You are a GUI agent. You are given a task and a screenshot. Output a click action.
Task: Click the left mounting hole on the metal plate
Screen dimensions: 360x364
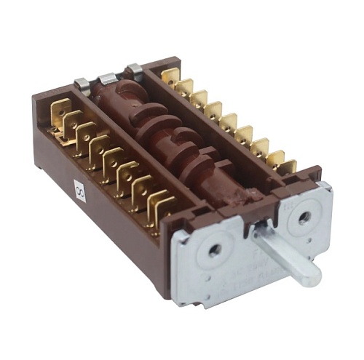214,249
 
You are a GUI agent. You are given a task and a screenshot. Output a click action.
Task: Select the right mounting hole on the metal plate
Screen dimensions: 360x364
304,217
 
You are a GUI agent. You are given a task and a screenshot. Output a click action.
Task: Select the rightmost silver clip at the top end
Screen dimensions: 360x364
134,70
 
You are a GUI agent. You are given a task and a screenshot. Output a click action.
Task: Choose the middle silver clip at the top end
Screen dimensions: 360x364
108,76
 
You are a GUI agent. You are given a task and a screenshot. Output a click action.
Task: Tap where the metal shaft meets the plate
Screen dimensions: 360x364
261,241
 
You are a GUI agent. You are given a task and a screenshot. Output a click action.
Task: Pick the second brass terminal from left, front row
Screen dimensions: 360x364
74,124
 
